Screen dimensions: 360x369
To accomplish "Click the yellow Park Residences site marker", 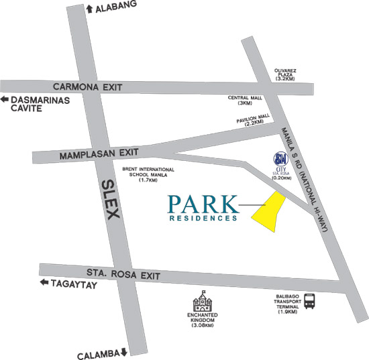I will pyautogui.click(x=268, y=213).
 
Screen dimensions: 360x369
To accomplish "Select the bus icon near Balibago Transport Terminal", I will pyautogui.click(x=310, y=301).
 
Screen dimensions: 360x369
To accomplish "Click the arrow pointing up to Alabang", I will pyautogui.click(x=90, y=7).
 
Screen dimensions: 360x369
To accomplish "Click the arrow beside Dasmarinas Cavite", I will pyautogui.click(x=5, y=100).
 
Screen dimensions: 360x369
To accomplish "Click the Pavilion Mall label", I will pyautogui.click(x=253, y=121).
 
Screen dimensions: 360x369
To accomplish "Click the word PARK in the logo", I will pyautogui.click(x=202, y=202).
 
